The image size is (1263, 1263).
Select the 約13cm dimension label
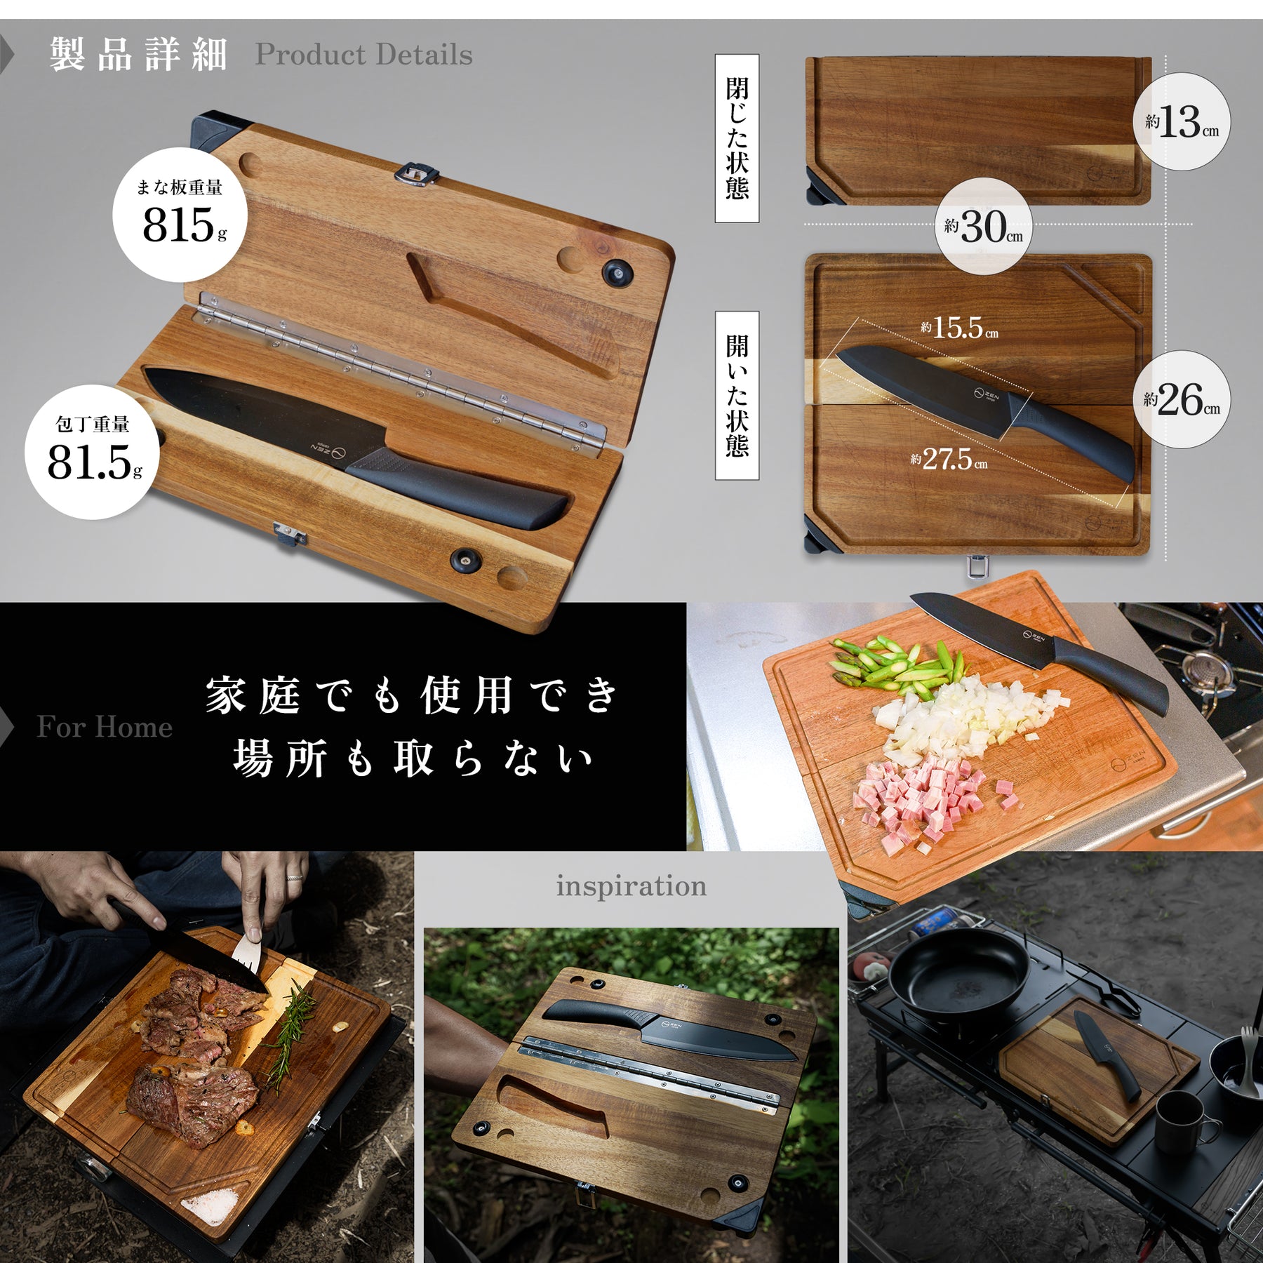(x=1182, y=123)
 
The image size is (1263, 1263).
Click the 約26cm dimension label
(x=1182, y=400)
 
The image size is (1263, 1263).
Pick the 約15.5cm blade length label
(x=959, y=328)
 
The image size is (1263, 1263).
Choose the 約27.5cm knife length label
(x=949, y=460)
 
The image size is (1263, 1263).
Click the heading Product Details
(x=363, y=55)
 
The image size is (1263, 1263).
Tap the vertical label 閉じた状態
(x=737, y=138)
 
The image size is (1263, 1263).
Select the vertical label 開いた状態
(x=737, y=396)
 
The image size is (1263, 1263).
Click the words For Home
(x=105, y=727)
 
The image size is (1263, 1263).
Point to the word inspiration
(x=631, y=886)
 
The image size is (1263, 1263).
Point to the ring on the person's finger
(x=295, y=877)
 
